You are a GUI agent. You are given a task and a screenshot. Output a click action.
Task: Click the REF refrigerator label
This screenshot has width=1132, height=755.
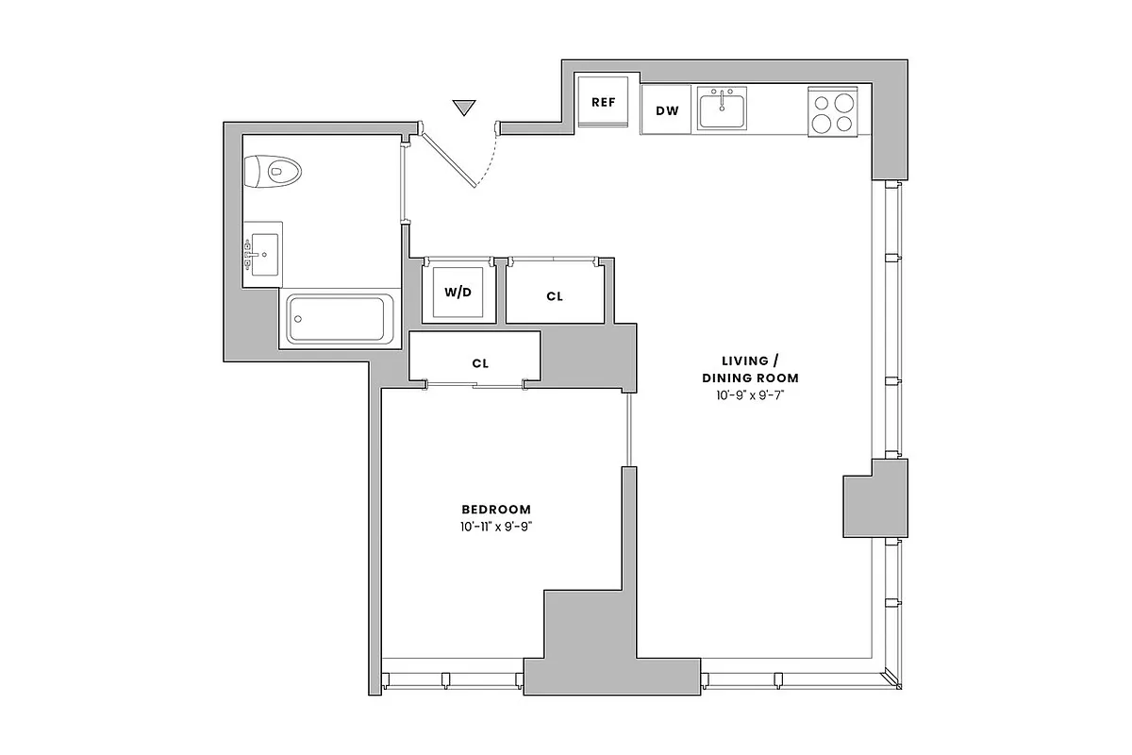603,102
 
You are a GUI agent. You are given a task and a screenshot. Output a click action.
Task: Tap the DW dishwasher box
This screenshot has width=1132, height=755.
667,110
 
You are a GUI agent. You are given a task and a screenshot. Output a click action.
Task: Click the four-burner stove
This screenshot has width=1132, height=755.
833,110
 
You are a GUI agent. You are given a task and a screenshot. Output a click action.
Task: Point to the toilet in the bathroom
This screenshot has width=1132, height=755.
274,172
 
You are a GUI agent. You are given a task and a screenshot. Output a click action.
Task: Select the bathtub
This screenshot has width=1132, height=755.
340,319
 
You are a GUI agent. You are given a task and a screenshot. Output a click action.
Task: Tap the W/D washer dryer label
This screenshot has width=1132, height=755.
458,291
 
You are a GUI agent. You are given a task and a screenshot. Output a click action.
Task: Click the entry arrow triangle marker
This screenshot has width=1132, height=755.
463,108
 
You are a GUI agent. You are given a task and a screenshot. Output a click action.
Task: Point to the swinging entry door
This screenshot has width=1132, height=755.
450,160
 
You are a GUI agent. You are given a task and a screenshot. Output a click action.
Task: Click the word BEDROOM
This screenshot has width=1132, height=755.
496,509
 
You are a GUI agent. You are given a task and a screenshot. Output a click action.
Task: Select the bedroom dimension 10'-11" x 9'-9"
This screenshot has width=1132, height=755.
496,527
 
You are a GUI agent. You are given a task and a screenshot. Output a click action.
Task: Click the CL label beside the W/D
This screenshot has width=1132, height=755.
555,296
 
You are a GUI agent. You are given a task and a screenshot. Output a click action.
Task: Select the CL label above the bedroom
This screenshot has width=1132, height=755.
479,362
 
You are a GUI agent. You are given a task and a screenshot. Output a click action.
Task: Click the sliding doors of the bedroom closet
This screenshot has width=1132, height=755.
475,383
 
